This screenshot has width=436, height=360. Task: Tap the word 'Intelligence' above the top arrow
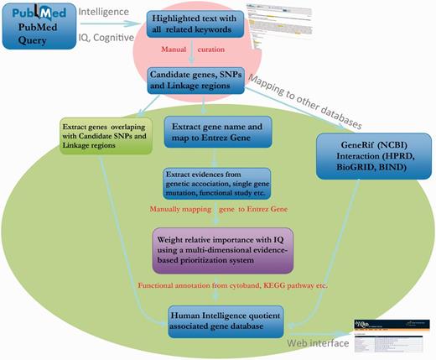105,12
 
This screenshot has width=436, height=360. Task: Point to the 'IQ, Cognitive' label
106,37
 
